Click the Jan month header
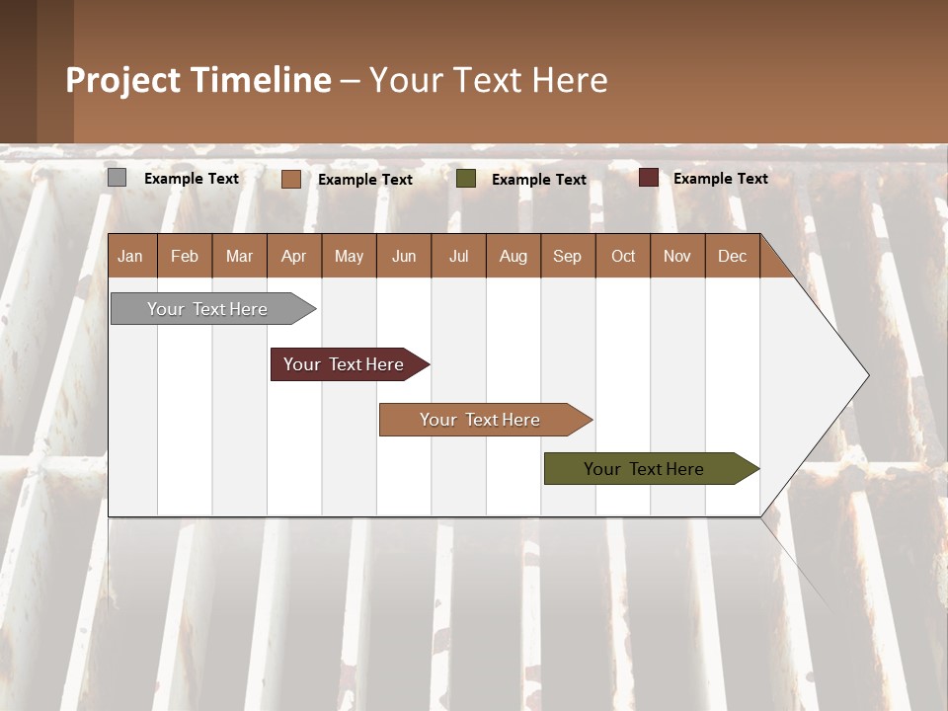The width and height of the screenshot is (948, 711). pyautogui.click(x=130, y=257)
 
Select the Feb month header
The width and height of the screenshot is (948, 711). pyautogui.click(x=185, y=257)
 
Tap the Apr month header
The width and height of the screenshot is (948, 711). pyautogui.click(x=293, y=257)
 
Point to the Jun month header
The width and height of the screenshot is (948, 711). pyautogui.click(x=404, y=257)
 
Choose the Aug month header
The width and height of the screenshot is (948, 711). pyautogui.click(x=513, y=257)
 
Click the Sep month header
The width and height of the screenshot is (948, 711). pyautogui.click(x=567, y=257)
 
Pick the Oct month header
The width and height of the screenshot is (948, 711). pyautogui.click(x=623, y=257)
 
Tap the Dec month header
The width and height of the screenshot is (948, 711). pyautogui.click(x=732, y=257)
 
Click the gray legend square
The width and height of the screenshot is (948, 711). pyautogui.click(x=117, y=178)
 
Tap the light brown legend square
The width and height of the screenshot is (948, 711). pyautogui.click(x=290, y=179)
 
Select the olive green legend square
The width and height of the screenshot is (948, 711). pyautogui.click(x=466, y=178)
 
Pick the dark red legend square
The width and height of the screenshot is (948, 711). pyautogui.click(x=648, y=178)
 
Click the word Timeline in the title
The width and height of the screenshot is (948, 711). pyautogui.click(x=260, y=80)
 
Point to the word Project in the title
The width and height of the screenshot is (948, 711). pyautogui.click(x=122, y=80)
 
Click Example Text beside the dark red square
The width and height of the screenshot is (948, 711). pyautogui.click(x=720, y=179)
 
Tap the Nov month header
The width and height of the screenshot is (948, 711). pyautogui.click(x=677, y=257)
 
